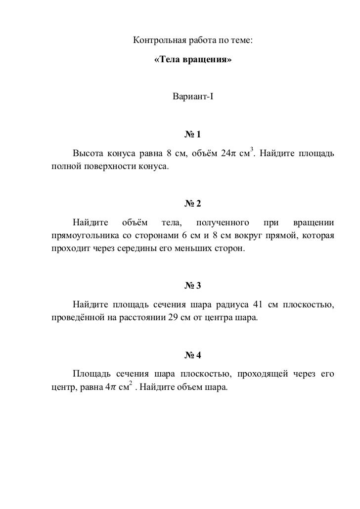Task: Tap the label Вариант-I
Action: pyautogui.click(x=193, y=96)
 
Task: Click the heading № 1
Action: pyautogui.click(x=193, y=135)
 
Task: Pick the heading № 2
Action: pyautogui.click(x=193, y=204)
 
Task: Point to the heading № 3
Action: pyautogui.click(x=193, y=286)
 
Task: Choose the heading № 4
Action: pyautogui.click(x=193, y=355)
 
